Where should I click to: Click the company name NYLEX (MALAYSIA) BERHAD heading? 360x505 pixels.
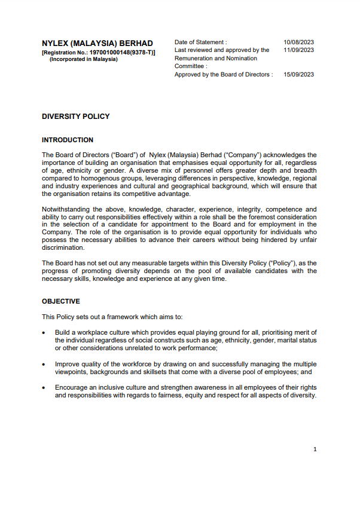coord(97,44)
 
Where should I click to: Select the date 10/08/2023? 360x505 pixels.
coord(298,42)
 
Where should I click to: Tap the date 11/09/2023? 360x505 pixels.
coord(298,50)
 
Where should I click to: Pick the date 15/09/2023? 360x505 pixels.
coord(298,75)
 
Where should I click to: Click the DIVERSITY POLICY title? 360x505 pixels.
coord(75,117)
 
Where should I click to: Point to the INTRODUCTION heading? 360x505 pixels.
coord(68,140)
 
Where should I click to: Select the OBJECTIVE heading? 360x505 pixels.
coord(60,301)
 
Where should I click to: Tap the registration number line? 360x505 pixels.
coord(99,53)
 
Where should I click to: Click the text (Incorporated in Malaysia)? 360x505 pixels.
coord(83,59)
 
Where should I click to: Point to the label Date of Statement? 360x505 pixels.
coord(200,42)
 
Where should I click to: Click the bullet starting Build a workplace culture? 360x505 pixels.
coord(185,340)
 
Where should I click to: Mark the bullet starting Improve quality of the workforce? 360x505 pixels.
coord(185,368)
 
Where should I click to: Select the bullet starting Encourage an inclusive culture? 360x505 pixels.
coord(185,391)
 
